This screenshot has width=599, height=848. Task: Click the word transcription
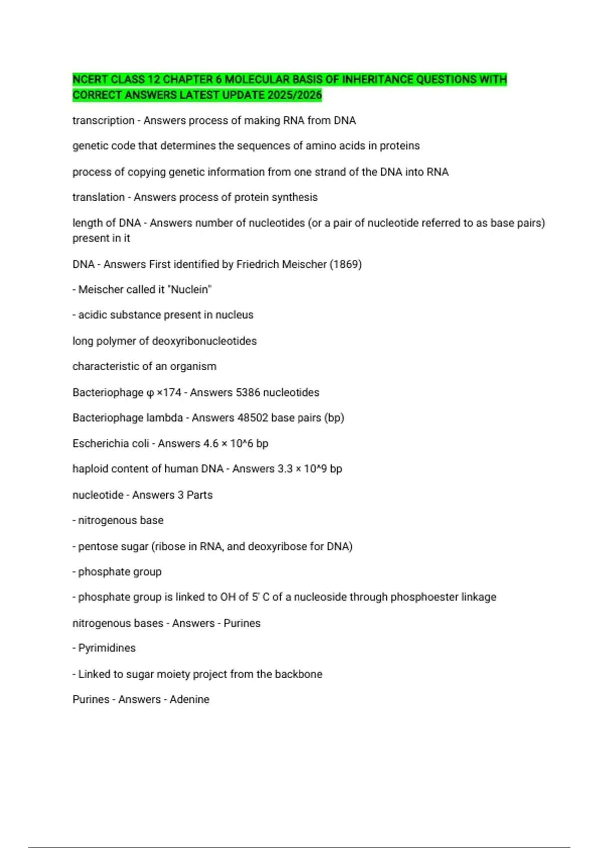tap(103, 121)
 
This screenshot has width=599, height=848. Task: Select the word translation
tap(98, 197)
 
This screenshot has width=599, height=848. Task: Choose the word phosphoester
tap(422, 597)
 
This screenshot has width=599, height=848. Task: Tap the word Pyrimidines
tap(107, 648)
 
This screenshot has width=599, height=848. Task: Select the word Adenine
tap(189, 700)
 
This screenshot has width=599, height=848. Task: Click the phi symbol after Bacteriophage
tap(150, 393)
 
